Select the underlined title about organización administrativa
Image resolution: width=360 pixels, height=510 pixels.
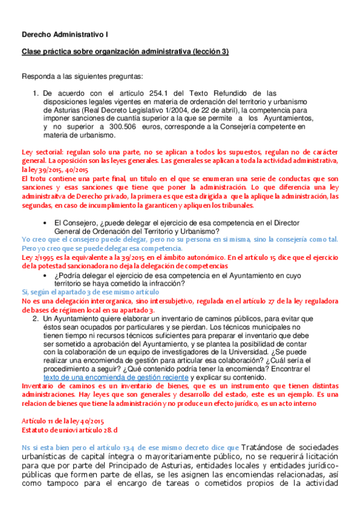[125, 52]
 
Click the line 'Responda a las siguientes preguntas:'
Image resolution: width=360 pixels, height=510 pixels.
[82, 77]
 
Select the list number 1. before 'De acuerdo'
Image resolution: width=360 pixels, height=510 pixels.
[35, 93]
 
